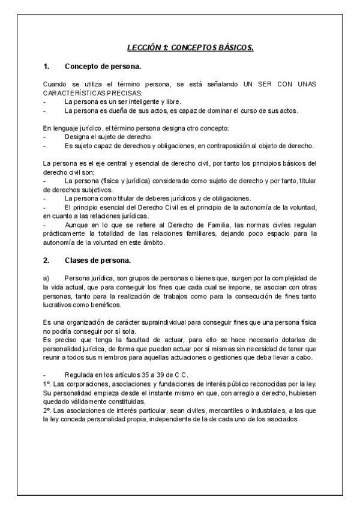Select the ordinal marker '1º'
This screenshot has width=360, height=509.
47,384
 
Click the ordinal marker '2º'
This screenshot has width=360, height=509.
47,411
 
